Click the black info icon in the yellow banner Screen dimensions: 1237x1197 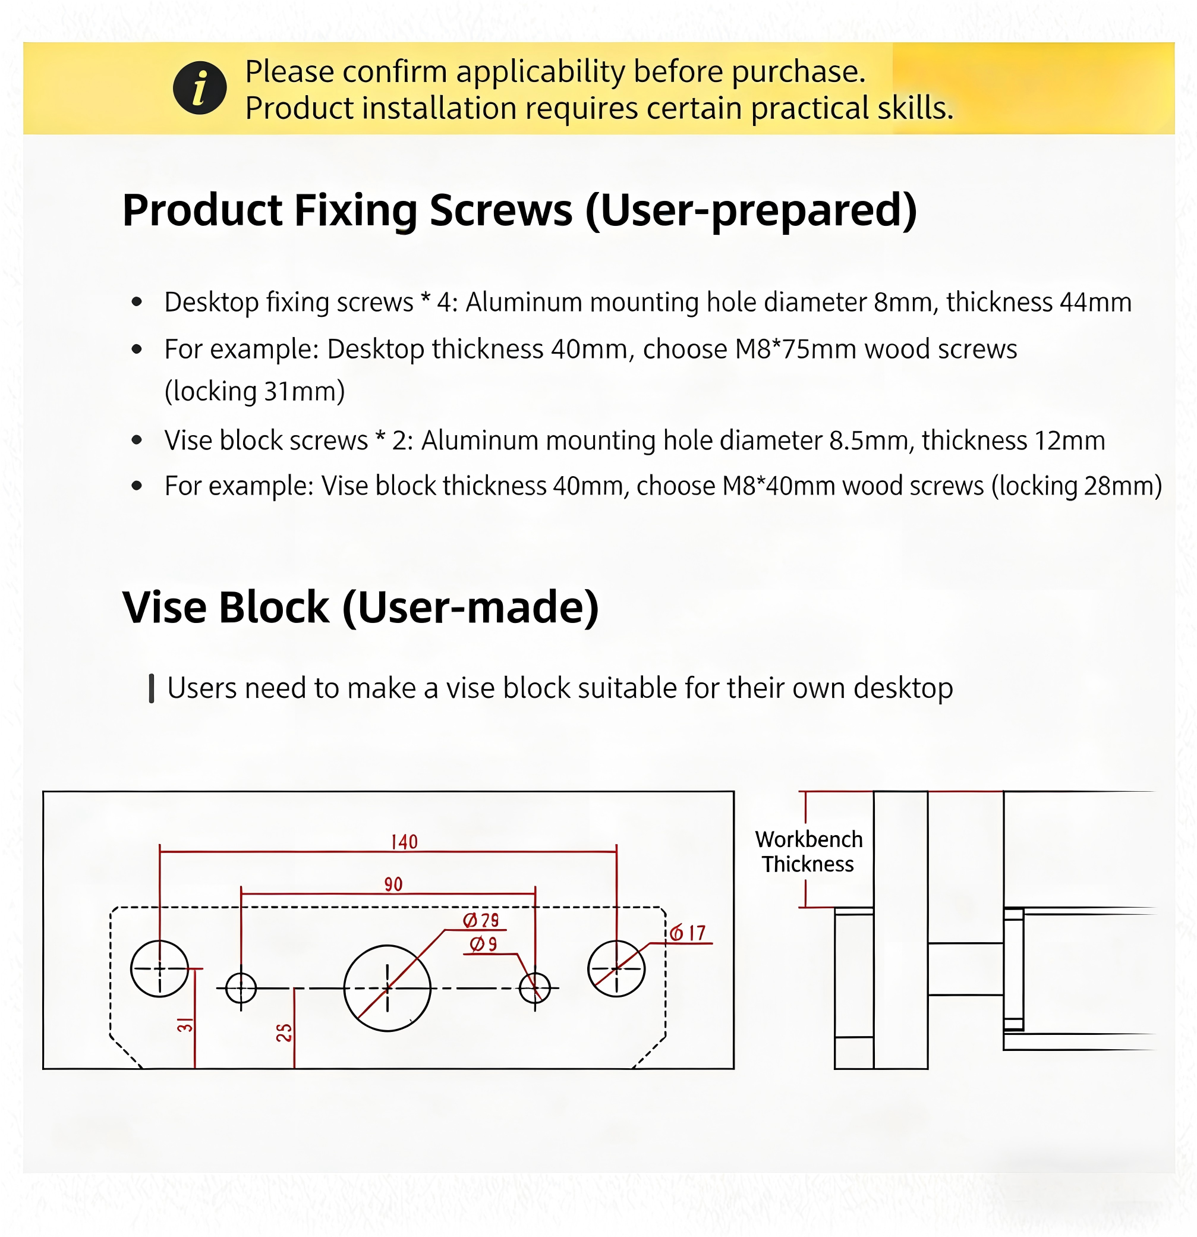pos(199,89)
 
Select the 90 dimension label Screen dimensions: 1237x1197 pos(393,884)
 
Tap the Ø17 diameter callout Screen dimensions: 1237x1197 pos(688,933)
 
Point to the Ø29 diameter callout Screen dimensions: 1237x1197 pos(481,920)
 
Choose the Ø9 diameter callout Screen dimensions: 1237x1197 pos(483,944)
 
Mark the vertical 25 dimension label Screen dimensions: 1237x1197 pos(284,1033)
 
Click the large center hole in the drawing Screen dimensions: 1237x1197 pos(388,989)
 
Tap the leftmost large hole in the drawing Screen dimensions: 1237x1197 pos(160,969)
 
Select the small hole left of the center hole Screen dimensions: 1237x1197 pos(240,988)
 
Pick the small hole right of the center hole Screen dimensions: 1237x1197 pos(534,988)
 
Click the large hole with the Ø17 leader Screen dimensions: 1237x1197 pos(616,969)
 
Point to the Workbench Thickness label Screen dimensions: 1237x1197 pos(808,851)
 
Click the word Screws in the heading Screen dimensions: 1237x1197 pos(501,210)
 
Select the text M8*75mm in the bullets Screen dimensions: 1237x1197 pos(796,349)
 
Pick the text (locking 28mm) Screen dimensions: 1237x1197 pos(1076,486)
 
